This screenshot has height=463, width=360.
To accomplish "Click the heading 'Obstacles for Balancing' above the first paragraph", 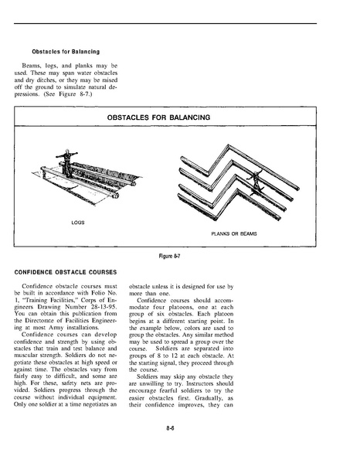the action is pyautogui.click(x=66, y=52).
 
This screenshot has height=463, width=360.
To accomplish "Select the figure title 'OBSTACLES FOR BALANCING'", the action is pyautogui.click(x=158, y=117).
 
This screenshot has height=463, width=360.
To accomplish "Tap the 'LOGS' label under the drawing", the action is pyautogui.click(x=78, y=223).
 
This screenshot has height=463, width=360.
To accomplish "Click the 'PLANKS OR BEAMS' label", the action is pyautogui.click(x=234, y=234).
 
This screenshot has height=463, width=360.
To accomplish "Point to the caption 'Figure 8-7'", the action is pyautogui.click(x=169, y=256).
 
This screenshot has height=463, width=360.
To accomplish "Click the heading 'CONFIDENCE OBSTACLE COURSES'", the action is pyautogui.click(x=66, y=272).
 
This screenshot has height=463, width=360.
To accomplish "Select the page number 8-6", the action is pyautogui.click(x=170, y=428).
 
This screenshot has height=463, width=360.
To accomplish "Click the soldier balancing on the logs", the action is pyautogui.click(x=67, y=163).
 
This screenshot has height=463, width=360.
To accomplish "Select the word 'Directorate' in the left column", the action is pyautogui.click(x=40, y=321).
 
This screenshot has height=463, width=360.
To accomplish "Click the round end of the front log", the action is pyautogui.click(x=116, y=196).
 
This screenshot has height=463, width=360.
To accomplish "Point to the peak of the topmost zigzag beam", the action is pyautogui.click(x=228, y=145).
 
